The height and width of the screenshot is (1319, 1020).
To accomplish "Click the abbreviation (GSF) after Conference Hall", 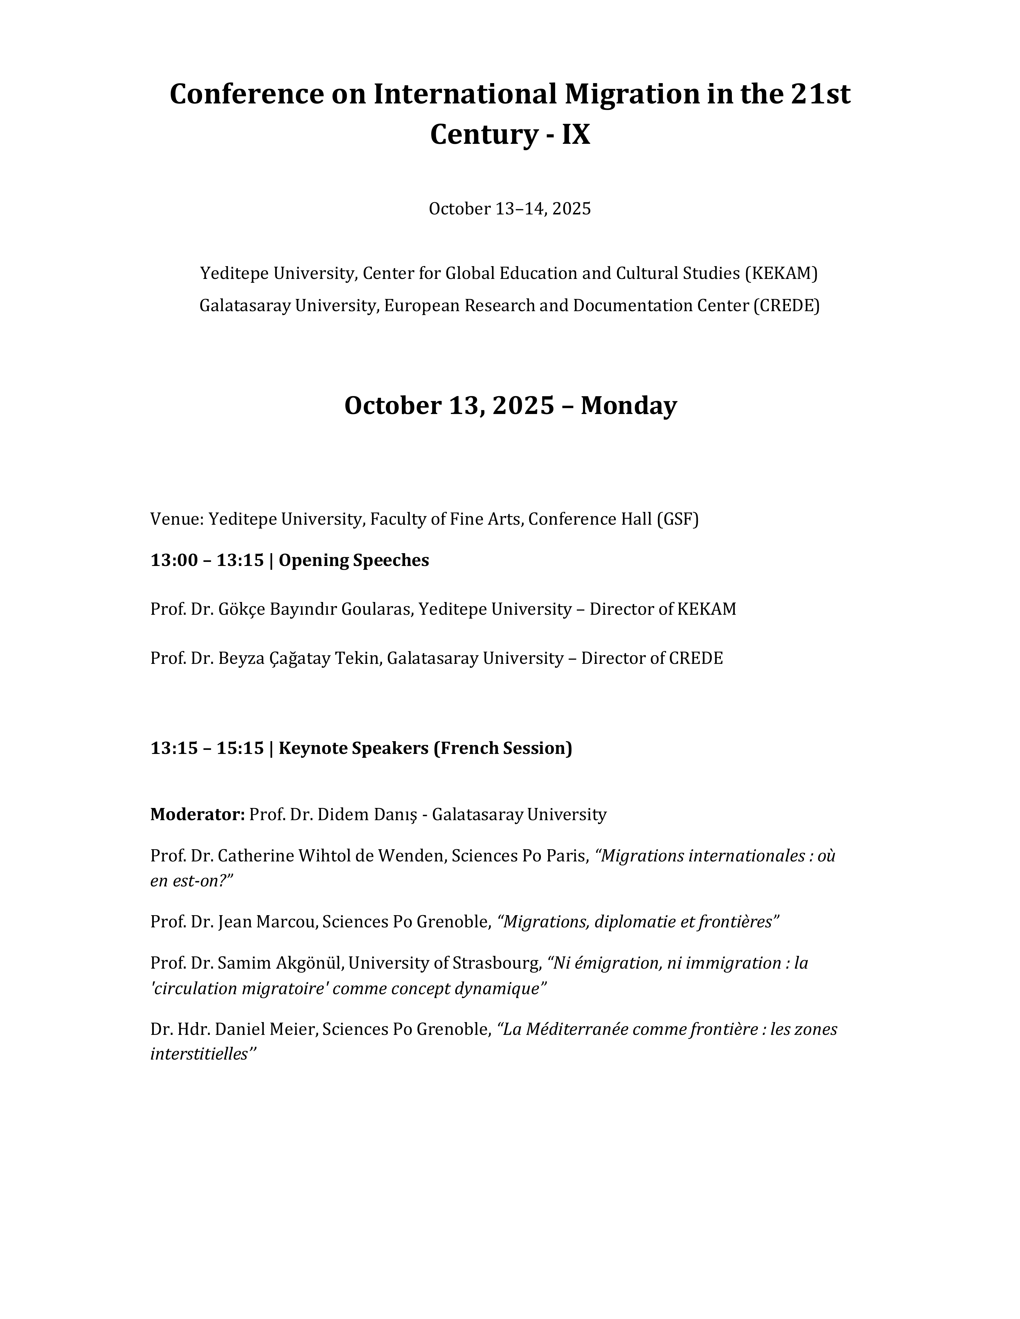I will coord(677,519).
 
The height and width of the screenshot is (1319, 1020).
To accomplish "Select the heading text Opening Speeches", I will coord(354,560).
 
